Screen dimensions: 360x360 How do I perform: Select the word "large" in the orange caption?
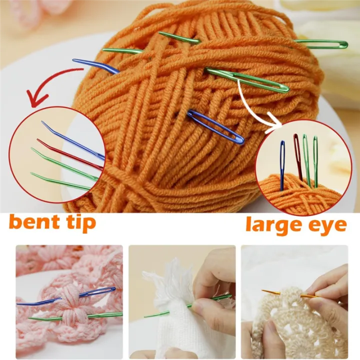coord(273,225)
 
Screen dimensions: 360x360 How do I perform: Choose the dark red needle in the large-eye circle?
coord(298,155)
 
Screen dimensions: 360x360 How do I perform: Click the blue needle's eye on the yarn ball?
coord(220,129)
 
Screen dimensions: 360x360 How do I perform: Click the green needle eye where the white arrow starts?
coord(260,82)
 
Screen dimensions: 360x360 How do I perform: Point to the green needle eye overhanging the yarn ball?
coord(325,44)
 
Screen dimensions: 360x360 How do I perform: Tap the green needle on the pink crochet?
coord(75,316)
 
